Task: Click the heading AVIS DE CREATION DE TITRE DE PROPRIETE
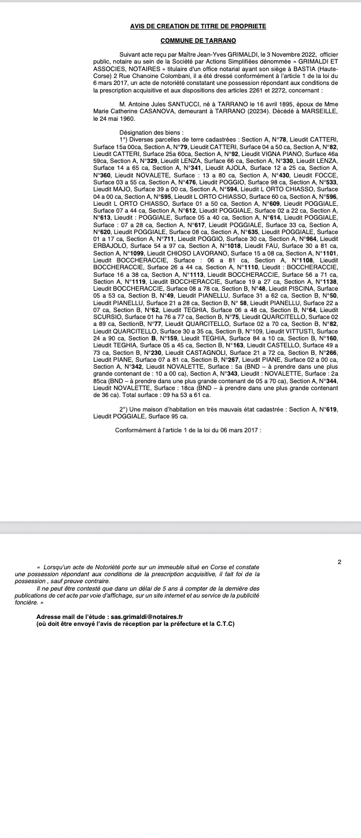point(198,27)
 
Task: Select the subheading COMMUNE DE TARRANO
point(198,40)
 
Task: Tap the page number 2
point(340,561)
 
